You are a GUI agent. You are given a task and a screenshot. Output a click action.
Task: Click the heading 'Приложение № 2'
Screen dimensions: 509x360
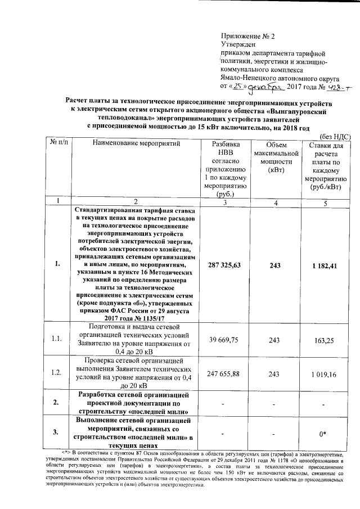coord(247,36)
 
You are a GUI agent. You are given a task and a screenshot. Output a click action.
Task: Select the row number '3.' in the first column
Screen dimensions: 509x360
coord(57,432)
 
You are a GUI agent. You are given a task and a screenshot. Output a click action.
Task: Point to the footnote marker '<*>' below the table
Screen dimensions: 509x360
coord(65,452)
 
